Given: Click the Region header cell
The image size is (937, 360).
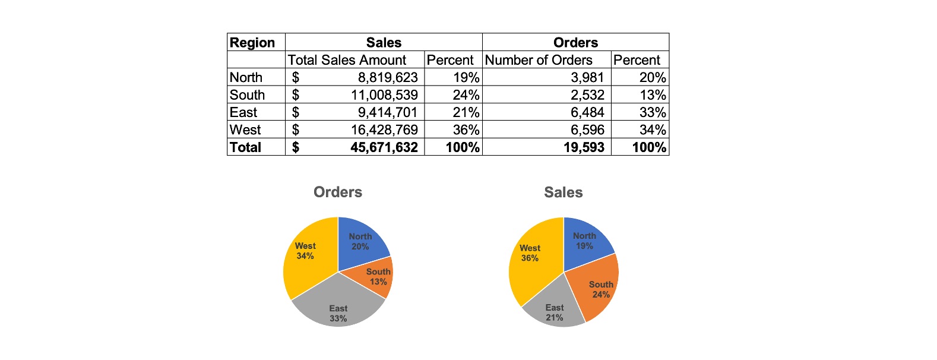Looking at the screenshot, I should point(253,43).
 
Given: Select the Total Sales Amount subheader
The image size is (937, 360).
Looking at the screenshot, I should point(347,60).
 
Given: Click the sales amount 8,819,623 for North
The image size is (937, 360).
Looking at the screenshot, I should point(387,77).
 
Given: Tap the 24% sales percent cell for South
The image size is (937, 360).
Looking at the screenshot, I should point(466,95).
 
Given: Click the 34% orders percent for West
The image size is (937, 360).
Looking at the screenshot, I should point(652,130).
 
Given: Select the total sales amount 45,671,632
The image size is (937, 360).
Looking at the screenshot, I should point(384,147).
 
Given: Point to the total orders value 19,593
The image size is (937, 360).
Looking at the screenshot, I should point(584,147).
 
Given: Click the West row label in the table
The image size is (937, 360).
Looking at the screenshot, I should point(246,130).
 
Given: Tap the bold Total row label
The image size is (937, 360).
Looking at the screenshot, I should point(246,147).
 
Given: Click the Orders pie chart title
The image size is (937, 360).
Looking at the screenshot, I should point(338,192).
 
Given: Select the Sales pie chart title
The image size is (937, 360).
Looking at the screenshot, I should point(564,192).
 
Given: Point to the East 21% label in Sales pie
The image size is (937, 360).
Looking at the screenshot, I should point(555,312).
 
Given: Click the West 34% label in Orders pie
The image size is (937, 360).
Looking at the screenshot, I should point(305,251).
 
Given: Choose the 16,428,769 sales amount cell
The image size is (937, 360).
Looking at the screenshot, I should point(384,130).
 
